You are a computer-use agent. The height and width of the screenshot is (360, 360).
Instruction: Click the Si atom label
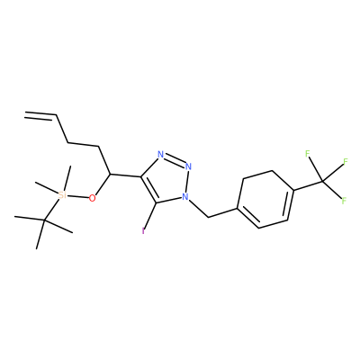[x=62, y=195]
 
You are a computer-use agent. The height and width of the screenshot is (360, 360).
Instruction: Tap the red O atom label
[x=93, y=198]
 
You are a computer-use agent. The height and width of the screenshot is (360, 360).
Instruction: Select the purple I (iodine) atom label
[x=143, y=231]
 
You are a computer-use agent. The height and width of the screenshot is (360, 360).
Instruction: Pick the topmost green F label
[x=308, y=154]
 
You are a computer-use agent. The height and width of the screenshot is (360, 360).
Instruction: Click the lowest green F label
[x=344, y=201]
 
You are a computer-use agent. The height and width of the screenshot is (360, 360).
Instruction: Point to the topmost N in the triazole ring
[x=161, y=155]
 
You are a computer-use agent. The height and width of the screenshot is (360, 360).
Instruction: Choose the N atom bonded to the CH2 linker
[x=185, y=197]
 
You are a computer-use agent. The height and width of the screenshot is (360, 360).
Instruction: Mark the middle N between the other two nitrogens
[x=188, y=166]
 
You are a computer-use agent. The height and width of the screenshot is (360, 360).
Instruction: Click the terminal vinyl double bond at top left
[x=40, y=115]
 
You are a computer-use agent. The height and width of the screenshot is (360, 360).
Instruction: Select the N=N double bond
[x=175, y=159]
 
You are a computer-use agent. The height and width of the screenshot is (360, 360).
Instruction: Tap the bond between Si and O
[x=77, y=196]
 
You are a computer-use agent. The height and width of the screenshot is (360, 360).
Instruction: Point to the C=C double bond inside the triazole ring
[x=148, y=189]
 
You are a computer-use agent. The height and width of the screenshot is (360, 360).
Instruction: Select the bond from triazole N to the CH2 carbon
[x=198, y=207]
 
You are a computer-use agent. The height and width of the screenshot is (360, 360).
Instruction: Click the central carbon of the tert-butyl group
[x=44, y=220]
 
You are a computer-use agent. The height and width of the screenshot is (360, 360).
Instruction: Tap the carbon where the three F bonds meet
[x=323, y=182]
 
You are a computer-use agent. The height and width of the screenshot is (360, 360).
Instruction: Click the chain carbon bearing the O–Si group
[x=110, y=175]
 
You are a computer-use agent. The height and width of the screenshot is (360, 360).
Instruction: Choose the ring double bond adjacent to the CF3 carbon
[x=290, y=205]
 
